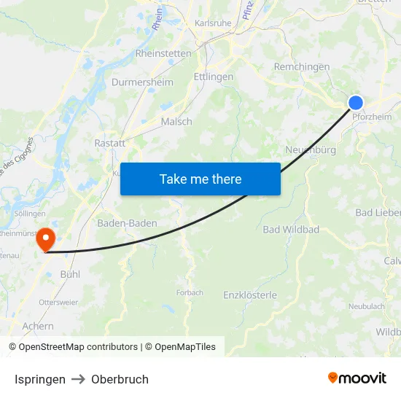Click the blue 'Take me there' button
[x=200, y=179]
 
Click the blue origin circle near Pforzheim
[x=355, y=103]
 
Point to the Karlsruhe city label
[x=213, y=23]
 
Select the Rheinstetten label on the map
[x=163, y=53]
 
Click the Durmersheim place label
[x=142, y=82]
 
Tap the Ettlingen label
[x=214, y=77]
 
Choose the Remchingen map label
[x=302, y=67]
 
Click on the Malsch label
[x=176, y=122]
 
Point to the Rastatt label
[x=110, y=144]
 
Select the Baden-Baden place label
[x=127, y=223]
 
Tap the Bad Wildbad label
[x=291, y=230]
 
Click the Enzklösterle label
[x=250, y=295]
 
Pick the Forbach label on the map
[x=189, y=292]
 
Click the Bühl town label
[x=70, y=274]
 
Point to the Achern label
[x=38, y=327]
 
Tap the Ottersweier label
[x=58, y=301]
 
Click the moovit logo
[x=357, y=378]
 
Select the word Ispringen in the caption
[x=40, y=379]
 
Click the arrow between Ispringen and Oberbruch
[x=78, y=379]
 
